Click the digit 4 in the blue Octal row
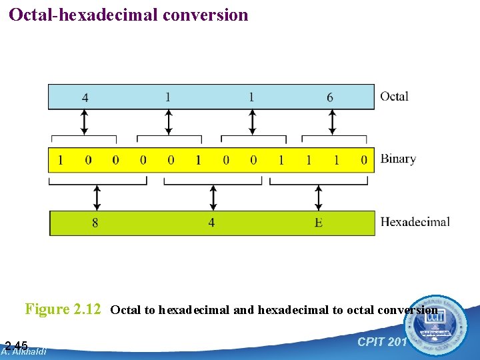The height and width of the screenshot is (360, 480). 85,97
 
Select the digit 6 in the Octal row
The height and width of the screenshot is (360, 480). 330,97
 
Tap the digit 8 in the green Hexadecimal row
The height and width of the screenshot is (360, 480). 95,223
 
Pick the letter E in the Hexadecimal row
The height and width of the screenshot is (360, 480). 319,223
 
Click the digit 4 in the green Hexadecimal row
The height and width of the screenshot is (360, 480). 211,223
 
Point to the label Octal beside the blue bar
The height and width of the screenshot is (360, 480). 394,97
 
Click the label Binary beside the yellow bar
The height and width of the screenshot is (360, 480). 398,159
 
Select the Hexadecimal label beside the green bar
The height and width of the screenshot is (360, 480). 415,221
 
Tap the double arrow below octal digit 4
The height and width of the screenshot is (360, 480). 84,122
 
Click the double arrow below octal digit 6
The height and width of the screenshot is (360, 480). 332,122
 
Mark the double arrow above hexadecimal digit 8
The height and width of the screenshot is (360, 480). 97,197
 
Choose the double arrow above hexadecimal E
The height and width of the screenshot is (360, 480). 319,197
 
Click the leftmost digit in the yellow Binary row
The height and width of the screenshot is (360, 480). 61,160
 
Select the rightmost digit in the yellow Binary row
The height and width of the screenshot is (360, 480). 364,160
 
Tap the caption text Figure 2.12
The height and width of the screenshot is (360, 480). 63,309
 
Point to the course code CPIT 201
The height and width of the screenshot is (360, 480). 382,342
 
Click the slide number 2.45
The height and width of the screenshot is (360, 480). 16,345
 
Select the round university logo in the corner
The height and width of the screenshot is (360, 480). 438,325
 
